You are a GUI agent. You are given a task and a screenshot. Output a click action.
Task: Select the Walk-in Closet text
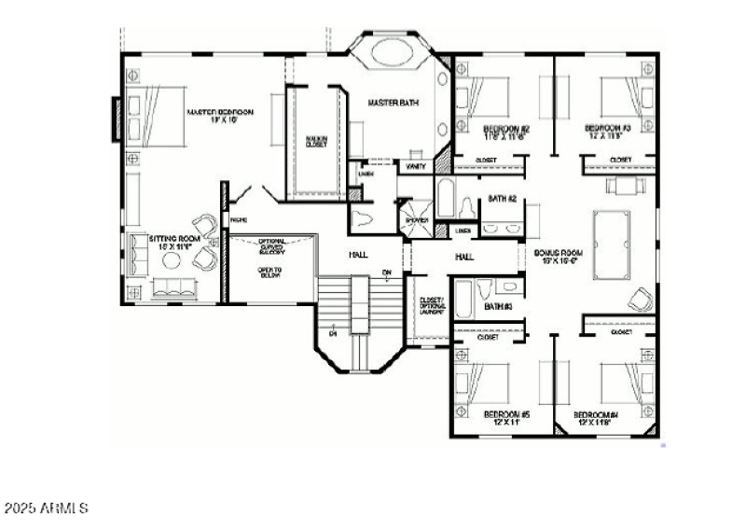[x=316, y=141]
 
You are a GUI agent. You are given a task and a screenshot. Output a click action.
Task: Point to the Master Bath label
[x=391, y=102]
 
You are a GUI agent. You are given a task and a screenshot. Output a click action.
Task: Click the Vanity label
[x=416, y=165]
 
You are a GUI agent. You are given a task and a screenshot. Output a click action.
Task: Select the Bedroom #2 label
[x=506, y=132]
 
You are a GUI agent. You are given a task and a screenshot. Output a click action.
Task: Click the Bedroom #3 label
[x=608, y=132]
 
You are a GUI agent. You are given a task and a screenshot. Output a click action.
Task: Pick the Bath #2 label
[x=503, y=198]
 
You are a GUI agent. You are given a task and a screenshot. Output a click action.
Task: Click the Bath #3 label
[x=499, y=305]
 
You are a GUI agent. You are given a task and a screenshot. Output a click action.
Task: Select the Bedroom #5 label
[x=506, y=418]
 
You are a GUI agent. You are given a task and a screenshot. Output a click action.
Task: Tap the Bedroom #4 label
[x=597, y=418]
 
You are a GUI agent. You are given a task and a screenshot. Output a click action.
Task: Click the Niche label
[x=237, y=220]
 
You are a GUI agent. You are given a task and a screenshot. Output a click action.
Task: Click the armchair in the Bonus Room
[x=640, y=300]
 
